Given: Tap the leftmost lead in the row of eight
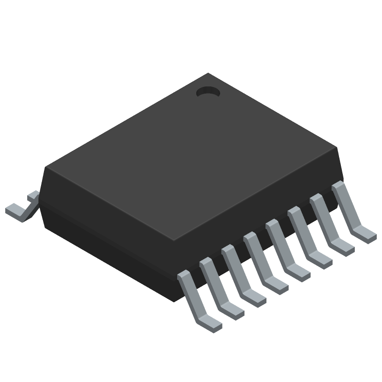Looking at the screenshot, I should coord(193,296).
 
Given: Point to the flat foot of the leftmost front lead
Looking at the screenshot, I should coord(210,322).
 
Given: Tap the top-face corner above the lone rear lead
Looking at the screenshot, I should coord(46,167).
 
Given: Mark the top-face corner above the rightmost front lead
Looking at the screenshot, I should coord(337,148).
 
